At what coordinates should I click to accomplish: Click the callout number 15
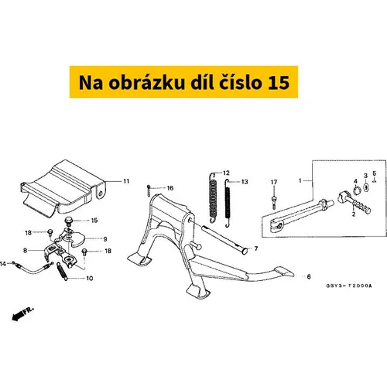[94, 221]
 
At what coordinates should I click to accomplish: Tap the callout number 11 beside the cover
[126, 181]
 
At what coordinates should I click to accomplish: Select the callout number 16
[170, 188]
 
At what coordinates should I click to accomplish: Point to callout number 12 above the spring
[226, 173]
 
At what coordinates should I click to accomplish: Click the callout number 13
[245, 182]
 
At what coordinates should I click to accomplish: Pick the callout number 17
[274, 183]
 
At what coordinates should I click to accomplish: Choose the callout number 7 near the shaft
[256, 248]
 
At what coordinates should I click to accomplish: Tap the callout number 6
[309, 277]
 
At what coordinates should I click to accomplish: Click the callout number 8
[25, 251]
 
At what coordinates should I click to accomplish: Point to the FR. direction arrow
[22, 314]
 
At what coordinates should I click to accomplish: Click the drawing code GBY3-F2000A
[349, 286]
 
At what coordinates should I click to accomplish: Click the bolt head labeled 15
[68, 220]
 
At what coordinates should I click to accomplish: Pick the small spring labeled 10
[62, 271]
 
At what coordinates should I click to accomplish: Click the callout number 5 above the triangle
[375, 173]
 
